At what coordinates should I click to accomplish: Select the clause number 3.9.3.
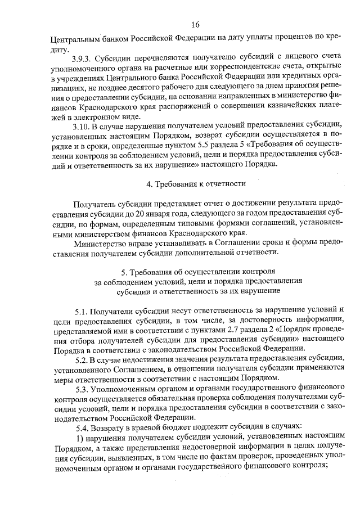tap(83, 59)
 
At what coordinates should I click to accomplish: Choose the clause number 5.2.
tap(82, 359)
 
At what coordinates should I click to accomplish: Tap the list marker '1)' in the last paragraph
tap(78, 439)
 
